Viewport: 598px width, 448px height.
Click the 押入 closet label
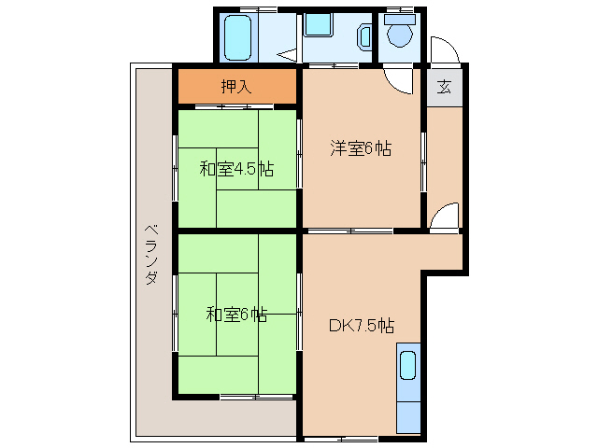click(236, 88)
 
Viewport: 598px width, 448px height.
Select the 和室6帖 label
click(236, 315)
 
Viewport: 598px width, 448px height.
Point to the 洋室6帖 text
click(360, 147)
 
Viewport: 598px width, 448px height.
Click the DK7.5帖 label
click(361, 326)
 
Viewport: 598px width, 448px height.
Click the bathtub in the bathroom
click(240, 37)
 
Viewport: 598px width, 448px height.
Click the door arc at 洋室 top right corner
click(400, 82)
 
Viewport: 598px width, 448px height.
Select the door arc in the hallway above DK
click(448, 217)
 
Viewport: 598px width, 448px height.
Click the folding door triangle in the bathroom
click(289, 54)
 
